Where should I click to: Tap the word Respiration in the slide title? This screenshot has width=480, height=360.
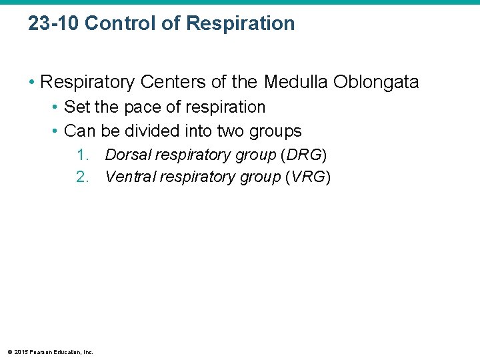[x=241, y=23]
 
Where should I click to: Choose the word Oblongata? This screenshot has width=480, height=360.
[x=379, y=82]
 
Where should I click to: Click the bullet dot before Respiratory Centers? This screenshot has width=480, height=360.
[x=31, y=83]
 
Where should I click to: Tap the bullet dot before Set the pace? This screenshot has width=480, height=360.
[x=55, y=107]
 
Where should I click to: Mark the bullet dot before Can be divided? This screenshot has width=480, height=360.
[x=55, y=131]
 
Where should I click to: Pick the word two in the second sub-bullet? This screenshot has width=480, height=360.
[x=231, y=131]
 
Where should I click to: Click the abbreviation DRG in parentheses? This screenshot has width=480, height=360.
[x=303, y=155]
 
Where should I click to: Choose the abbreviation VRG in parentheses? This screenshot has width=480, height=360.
[x=307, y=177]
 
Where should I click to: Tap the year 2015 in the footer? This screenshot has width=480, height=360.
[x=21, y=352]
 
